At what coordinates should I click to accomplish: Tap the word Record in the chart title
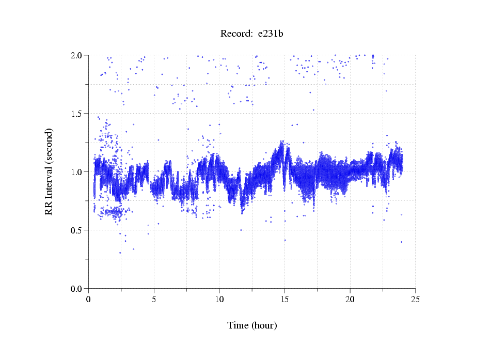(x=235, y=34)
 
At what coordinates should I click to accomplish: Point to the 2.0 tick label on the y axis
(x=78, y=55)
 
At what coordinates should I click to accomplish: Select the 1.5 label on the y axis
(x=78, y=114)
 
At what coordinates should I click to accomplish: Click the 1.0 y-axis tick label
(x=78, y=172)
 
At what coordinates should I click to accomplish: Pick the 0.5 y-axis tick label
(x=78, y=230)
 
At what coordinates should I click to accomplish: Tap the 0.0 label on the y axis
(x=78, y=289)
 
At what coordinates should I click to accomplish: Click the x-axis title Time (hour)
(x=252, y=325)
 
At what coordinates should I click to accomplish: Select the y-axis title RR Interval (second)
(x=49, y=172)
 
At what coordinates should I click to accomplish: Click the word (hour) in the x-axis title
(x=264, y=325)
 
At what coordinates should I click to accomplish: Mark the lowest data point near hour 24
(x=401, y=242)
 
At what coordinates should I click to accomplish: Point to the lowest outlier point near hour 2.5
(x=120, y=253)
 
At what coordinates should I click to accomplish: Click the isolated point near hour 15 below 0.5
(x=284, y=240)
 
